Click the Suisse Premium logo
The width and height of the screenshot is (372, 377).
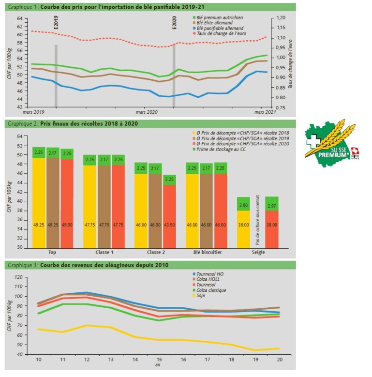[332, 140]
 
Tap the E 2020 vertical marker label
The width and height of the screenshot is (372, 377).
[175, 23]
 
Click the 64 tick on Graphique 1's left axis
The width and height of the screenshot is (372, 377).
[20, 18]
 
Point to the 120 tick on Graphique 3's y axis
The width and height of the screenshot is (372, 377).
[19, 277]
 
